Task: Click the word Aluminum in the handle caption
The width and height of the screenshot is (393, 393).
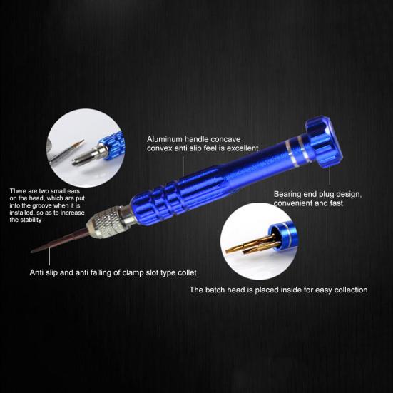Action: (x=163, y=138)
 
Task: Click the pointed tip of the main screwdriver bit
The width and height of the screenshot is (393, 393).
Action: (x=33, y=251)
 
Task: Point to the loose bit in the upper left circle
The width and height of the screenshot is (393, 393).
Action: (x=68, y=150)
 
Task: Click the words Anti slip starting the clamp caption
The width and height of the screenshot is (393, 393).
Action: (x=45, y=272)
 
